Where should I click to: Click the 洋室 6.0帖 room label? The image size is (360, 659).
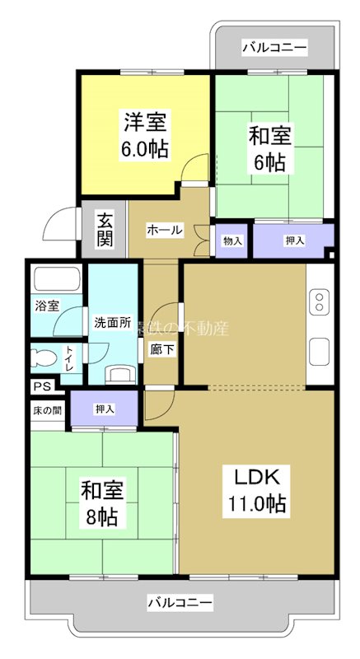pos(147,136)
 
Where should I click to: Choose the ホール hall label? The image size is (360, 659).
pos(165,231)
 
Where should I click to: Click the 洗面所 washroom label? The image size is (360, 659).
pos(112,323)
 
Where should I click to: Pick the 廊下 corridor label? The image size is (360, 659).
pos(161,348)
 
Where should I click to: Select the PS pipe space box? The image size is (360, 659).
pos(41,386)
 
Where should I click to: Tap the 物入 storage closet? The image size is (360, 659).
pos(232,241)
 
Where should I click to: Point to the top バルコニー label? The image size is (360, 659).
pos(274,48)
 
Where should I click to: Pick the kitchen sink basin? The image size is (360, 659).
pos(318,353)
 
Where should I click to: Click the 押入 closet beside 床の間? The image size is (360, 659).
pos(104,409)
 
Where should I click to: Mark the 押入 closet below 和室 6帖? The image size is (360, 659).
pos(293,241)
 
